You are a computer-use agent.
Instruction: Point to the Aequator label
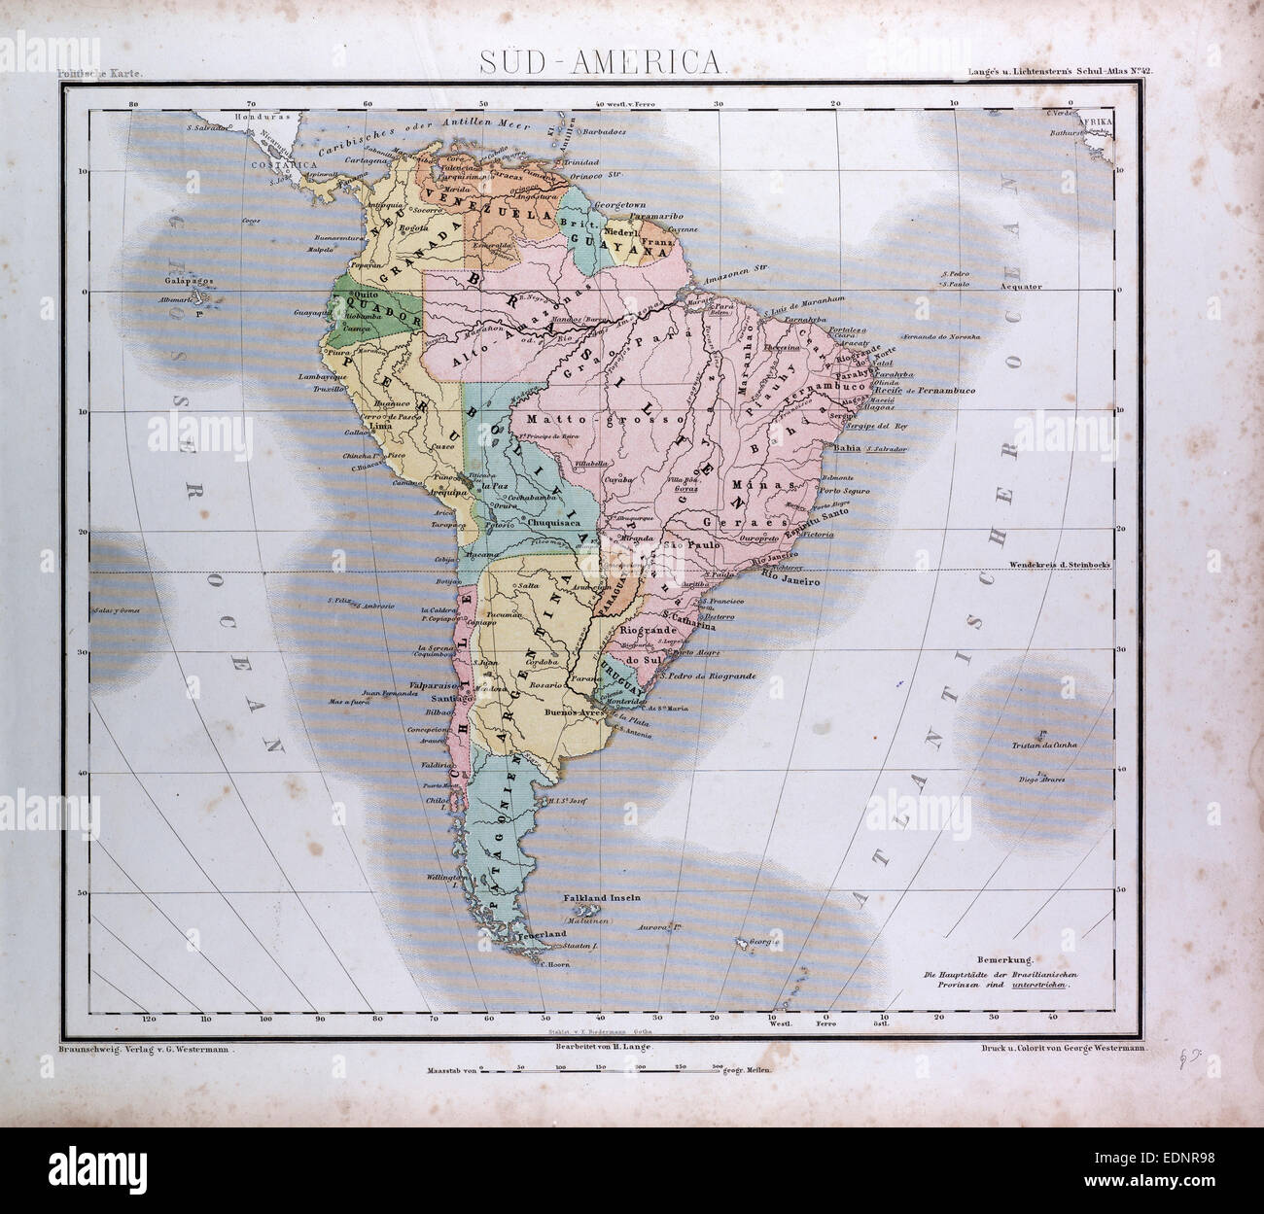pos(1015,288)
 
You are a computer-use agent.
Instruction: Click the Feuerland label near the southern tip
pos(544,933)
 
